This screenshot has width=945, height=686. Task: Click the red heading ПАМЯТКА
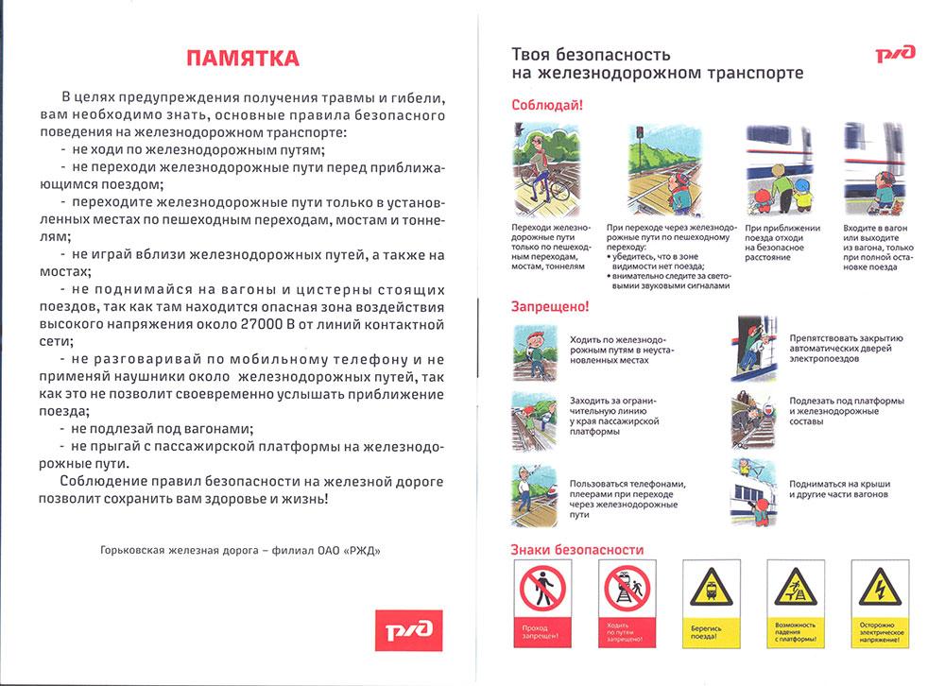242,59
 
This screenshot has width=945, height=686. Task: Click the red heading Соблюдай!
547,106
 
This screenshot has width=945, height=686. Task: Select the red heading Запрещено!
550,307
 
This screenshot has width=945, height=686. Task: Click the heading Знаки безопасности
577,549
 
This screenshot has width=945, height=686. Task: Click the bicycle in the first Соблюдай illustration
553,189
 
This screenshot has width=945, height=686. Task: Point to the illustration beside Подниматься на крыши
755,490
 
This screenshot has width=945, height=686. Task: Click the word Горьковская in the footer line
131,551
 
